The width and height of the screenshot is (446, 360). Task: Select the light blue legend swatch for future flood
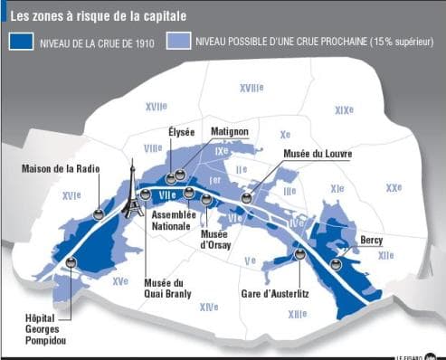tap(179, 41)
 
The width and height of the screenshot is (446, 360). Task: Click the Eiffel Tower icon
tap(132, 193)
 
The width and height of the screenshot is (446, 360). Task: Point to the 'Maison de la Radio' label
tap(61, 169)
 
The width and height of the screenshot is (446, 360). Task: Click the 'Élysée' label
tap(181, 132)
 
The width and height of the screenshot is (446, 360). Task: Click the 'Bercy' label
tap(371, 241)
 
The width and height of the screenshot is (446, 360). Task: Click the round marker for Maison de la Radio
tap(98, 213)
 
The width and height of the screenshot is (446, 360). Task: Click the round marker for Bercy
tap(336, 264)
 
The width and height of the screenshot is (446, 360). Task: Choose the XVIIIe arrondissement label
tap(251, 88)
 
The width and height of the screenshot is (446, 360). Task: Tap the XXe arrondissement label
tap(394, 188)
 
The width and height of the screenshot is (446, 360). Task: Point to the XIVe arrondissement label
tap(209, 308)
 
